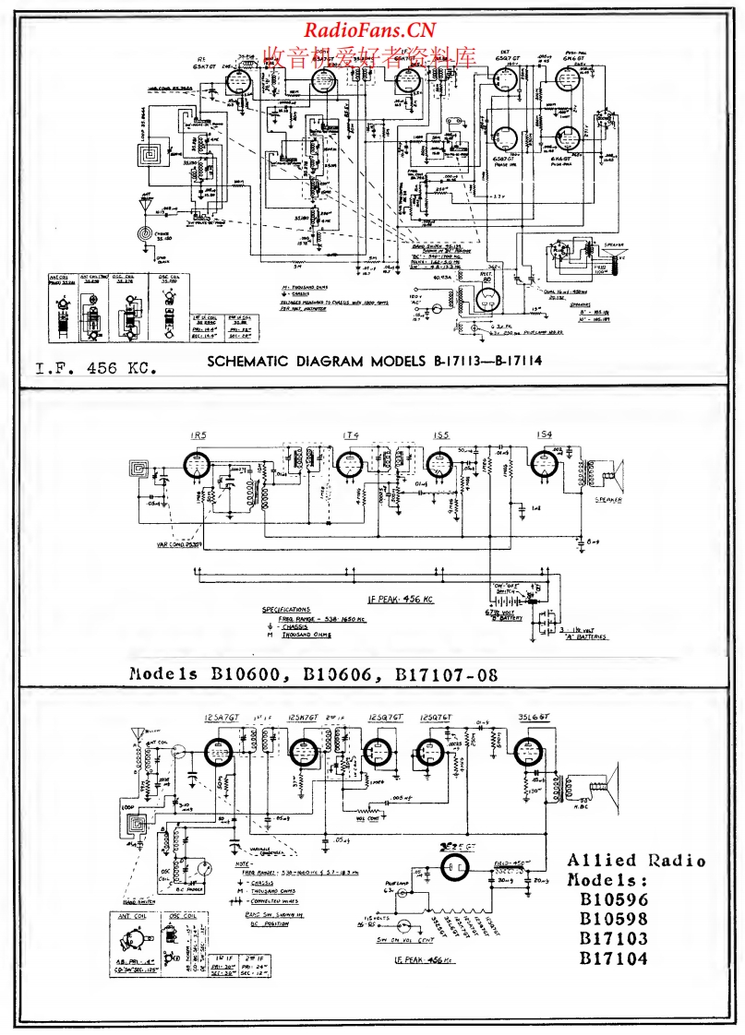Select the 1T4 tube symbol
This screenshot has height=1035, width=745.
pos(349,465)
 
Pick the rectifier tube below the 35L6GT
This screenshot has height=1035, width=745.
pos(453,867)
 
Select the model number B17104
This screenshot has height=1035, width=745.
pos(613,958)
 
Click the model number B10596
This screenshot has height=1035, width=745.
pos(613,898)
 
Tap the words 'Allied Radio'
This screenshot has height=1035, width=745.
pos(637,861)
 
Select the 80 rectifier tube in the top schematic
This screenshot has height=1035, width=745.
pos(487,298)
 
